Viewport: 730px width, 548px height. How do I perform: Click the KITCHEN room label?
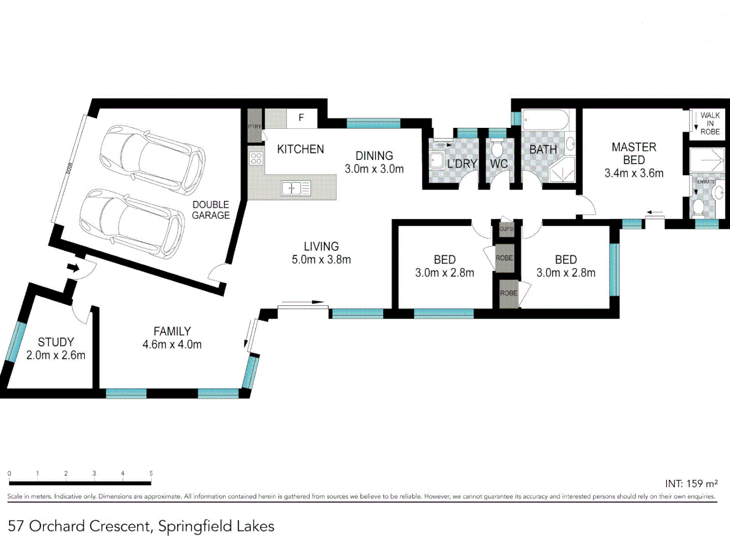300,149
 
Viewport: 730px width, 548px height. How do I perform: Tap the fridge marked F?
301,118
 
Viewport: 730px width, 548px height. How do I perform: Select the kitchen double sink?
296,189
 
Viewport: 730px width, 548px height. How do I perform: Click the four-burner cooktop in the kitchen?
256,158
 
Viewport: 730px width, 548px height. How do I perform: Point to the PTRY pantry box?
254,126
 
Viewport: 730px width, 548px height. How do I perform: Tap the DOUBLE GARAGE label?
210,210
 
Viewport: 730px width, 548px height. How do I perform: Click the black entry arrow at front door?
74,267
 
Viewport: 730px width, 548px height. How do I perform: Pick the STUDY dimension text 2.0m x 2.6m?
56,355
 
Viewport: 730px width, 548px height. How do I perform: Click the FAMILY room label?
172,331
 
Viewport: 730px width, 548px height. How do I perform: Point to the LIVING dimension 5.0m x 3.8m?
321,260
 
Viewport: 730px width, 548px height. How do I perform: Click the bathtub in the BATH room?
545,121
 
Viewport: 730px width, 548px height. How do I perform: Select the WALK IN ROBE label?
710,123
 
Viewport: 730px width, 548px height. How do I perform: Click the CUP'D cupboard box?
506,229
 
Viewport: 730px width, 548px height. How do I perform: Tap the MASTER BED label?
634,153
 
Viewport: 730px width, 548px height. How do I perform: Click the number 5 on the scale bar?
151,473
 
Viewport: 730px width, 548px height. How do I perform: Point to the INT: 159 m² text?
691,484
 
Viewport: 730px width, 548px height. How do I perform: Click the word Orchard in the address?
56,526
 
